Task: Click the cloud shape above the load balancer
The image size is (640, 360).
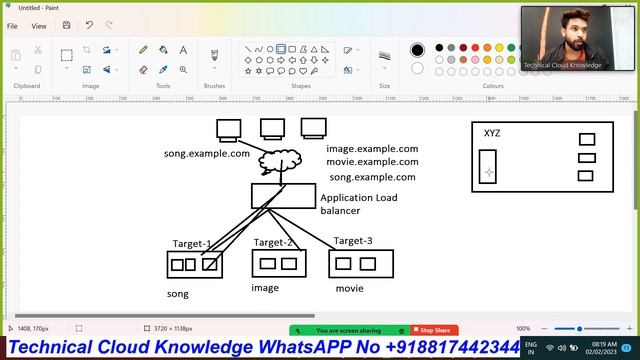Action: (x=279, y=159)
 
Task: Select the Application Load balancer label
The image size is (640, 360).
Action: (x=358, y=204)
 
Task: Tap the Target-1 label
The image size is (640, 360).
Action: (x=191, y=243)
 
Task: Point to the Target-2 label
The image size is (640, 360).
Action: (x=273, y=242)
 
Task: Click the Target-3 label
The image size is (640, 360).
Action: (x=353, y=241)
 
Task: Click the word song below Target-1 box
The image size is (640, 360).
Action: (x=177, y=294)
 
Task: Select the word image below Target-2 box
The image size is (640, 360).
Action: (x=265, y=288)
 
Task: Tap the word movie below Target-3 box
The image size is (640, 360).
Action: (x=349, y=288)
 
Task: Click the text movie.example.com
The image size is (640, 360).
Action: (x=372, y=162)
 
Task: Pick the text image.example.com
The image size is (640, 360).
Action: (x=372, y=148)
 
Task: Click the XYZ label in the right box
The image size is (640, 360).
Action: (x=492, y=133)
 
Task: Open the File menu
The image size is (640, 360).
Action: (x=13, y=26)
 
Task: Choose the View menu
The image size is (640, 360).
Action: (x=39, y=26)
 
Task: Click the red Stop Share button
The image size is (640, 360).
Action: (x=434, y=330)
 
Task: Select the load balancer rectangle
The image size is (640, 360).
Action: (x=283, y=195)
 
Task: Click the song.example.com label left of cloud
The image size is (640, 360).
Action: (x=207, y=153)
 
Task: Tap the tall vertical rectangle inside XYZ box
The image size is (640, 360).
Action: (x=488, y=166)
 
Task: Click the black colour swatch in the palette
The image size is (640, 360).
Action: (x=417, y=50)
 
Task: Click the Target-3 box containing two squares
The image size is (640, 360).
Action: (x=361, y=263)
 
